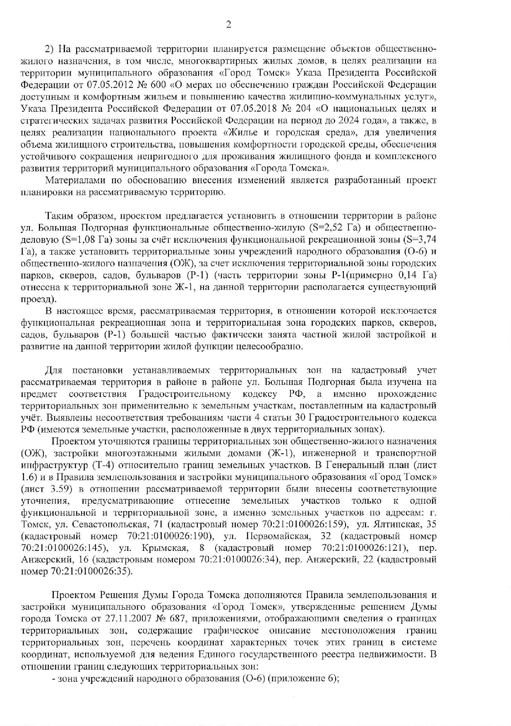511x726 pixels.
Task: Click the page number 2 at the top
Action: [228, 25]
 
